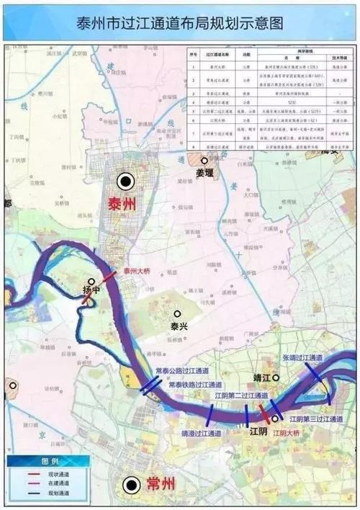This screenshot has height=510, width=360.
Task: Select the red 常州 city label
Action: [161, 485]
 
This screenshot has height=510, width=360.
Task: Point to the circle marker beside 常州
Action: [131, 485]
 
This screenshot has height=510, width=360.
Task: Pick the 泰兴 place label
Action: [179, 326]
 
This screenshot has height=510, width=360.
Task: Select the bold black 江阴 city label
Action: [258, 431]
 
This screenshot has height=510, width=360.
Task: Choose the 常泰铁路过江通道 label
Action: [194, 385]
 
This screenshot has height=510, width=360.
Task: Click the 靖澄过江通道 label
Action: [207, 434]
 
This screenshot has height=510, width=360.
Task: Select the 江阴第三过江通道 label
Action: [315, 419]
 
